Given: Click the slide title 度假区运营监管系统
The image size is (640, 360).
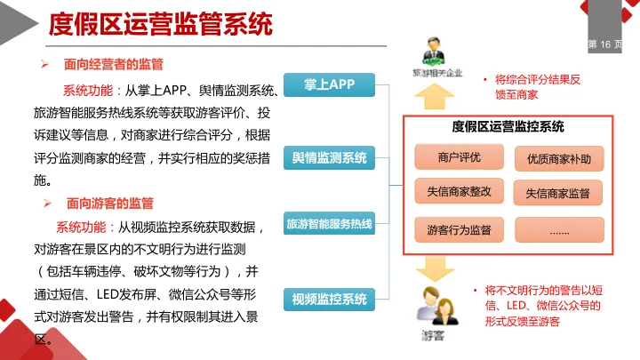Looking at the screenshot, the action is pyautogui.click(x=160, y=23).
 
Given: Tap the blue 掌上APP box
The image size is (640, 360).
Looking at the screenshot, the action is pyautogui.click(x=329, y=85).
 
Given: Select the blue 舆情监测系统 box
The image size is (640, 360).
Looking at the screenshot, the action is pyautogui.click(x=329, y=159).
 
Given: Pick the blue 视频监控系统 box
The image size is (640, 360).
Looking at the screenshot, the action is pyautogui.click(x=329, y=299).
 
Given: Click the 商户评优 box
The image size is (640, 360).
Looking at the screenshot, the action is pyautogui.click(x=459, y=158).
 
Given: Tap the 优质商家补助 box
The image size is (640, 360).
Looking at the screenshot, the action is pyautogui.click(x=558, y=159).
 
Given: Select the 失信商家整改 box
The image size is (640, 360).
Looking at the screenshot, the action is pyautogui.click(x=459, y=191).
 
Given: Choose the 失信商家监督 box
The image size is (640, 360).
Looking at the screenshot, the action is pyautogui.click(x=558, y=192).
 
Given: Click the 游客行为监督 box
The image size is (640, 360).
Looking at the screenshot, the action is pyautogui.click(x=459, y=229).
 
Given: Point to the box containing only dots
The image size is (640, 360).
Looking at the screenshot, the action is pyautogui.click(x=558, y=229).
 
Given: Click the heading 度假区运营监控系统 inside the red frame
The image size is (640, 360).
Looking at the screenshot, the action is pyautogui.click(x=508, y=127).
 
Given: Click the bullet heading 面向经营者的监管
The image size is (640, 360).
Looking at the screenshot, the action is pyautogui.click(x=113, y=65).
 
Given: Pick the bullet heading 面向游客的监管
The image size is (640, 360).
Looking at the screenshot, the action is pyautogui.click(x=108, y=203).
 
